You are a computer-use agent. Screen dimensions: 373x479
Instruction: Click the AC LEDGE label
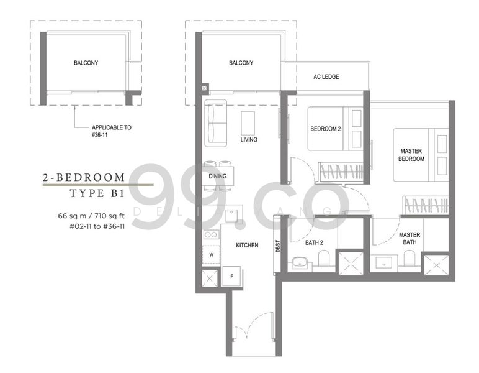[326, 77]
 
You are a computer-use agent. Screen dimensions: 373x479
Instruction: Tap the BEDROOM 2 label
[326, 129]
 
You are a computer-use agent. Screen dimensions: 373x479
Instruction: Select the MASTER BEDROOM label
[412, 155]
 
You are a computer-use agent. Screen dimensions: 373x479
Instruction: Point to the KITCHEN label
[247, 246]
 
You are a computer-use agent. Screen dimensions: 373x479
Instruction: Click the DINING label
[218, 177]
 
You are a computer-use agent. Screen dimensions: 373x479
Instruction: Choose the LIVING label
[249, 140]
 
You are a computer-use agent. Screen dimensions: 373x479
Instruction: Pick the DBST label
[277, 248]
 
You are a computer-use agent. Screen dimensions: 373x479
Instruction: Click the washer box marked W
[211, 255]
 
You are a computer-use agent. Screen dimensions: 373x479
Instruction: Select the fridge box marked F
[231, 275]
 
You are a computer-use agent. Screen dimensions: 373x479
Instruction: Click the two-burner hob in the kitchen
[210, 234]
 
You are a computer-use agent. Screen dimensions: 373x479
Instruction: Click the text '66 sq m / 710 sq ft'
[91, 216]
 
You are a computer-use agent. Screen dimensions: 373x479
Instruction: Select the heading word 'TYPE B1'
[98, 195]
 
